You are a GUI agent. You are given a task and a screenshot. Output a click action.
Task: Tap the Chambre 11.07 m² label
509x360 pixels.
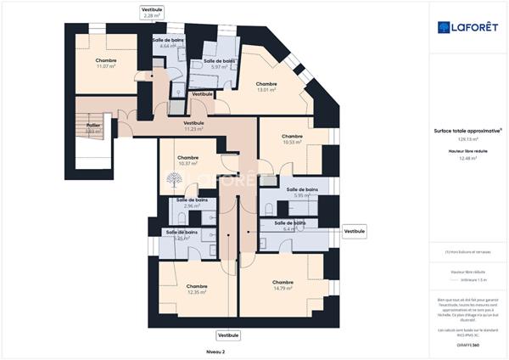tap(106, 64)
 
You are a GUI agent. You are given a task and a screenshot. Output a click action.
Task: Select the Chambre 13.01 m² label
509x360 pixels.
tap(266, 87)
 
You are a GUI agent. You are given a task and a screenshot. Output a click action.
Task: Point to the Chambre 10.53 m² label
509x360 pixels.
tap(293, 139)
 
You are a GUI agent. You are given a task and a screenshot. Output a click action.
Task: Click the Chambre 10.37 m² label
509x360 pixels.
tap(188, 160)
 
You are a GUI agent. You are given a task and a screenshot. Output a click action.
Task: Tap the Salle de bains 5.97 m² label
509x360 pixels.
tap(218, 65)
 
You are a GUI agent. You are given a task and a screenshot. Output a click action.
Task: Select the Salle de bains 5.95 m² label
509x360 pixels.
tap(302, 192)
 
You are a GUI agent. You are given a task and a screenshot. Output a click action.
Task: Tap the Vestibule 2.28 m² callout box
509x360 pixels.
tap(152, 12)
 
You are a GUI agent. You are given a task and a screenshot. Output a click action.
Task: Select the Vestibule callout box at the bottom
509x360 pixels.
tap(228, 335)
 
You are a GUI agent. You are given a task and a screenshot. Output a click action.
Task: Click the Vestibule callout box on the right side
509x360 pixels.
tap(355, 230)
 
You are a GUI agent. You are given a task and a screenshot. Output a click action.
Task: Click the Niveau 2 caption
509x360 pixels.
tap(216, 351)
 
